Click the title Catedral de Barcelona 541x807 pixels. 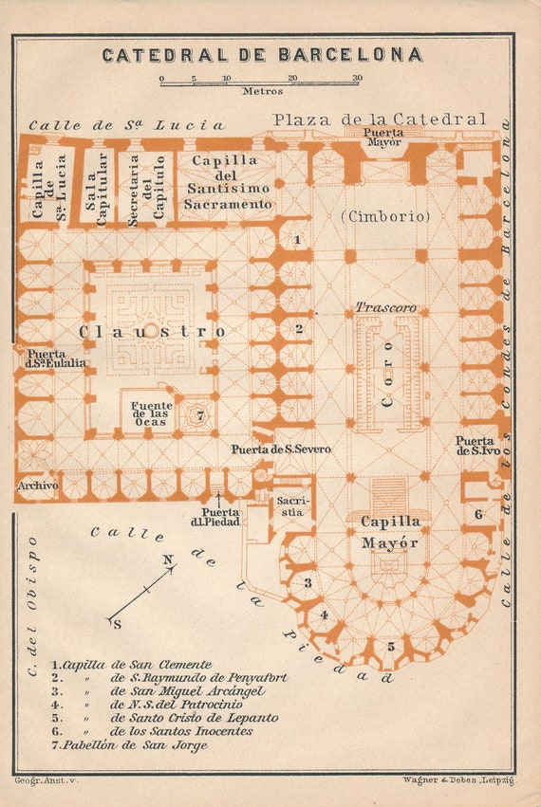pyautogui.click(x=262, y=55)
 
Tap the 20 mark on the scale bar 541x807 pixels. pyautogui.click(x=292, y=78)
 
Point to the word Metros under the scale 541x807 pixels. pyautogui.click(x=262, y=91)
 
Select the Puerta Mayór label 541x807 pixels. pyautogui.click(x=383, y=137)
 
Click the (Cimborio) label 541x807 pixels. pyautogui.click(x=385, y=216)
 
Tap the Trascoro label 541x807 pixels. pyautogui.click(x=386, y=308)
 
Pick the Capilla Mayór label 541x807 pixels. pyautogui.click(x=389, y=532)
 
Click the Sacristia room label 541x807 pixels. pyautogui.click(x=289, y=506)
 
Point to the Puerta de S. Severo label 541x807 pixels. pyautogui.click(x=280, y=449)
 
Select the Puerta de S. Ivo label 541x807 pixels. pyautogui.click(x=477, y=447)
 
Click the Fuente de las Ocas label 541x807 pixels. pyautogui.click(x=151, y=414)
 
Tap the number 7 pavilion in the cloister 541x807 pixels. pyautogui.click(x=200, y=415)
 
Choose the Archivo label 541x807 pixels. pyautogui.click(x=38, y=486)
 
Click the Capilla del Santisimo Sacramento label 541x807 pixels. pyautogui.click(x=228, y=182)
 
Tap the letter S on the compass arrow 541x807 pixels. pyautogui.click(x=118, y=625)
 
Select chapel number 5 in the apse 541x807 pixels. pyautogui.click(x=391, y=647)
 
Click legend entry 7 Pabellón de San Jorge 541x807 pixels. pyautogui.click(x=129, y=744)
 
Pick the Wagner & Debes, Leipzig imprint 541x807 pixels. pyautogui.click(x=458, y=780)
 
